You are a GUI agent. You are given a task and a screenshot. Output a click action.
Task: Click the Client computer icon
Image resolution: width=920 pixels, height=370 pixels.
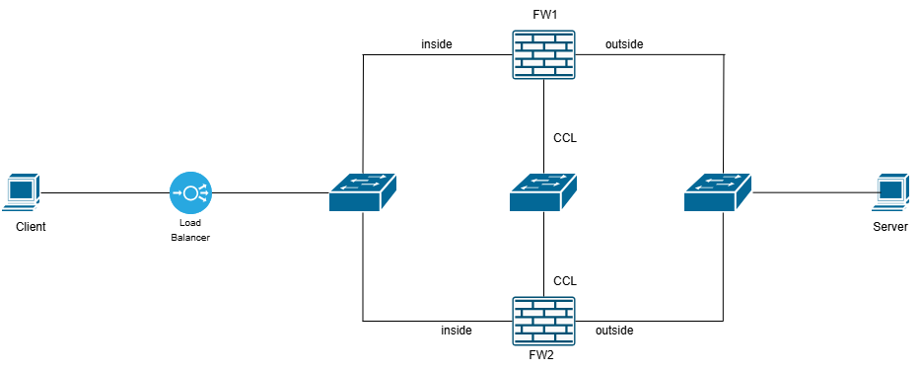[22, 191]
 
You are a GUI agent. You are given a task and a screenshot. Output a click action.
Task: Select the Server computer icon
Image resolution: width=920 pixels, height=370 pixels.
[890, 191]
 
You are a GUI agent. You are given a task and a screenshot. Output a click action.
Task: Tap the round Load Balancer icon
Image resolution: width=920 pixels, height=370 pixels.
[189, 191]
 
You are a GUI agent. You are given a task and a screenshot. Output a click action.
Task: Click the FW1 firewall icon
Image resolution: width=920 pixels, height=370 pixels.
[543, 54]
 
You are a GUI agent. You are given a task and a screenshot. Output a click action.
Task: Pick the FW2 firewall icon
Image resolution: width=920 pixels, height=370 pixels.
[543, 321]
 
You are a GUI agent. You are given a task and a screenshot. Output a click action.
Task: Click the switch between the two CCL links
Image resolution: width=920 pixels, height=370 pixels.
[543, 192]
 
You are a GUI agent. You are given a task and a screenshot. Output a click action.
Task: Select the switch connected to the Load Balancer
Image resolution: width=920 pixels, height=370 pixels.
[362, 192]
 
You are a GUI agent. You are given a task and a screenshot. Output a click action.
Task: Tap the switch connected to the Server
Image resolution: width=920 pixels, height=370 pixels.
[717, 192]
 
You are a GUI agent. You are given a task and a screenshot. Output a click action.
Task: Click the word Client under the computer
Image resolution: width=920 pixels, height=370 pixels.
[31, 227]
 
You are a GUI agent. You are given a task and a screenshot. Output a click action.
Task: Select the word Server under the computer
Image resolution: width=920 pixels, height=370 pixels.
[890, 227]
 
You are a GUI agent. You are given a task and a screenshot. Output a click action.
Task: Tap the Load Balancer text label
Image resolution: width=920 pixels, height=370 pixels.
[189, 231]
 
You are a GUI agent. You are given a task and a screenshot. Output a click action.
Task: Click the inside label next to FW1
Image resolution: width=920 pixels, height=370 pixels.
[436, 44]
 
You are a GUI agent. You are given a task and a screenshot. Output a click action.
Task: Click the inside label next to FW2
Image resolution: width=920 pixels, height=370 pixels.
[457, 330]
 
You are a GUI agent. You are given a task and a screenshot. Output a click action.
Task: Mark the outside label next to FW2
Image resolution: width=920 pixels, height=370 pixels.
[614, 330]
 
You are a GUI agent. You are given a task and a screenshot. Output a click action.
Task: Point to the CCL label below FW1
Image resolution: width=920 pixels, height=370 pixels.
[564, 138]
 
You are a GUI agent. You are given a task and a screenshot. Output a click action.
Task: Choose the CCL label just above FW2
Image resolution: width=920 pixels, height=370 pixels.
[564, 280]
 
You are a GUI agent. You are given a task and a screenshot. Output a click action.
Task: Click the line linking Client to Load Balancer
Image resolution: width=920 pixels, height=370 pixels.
[104, 191]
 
